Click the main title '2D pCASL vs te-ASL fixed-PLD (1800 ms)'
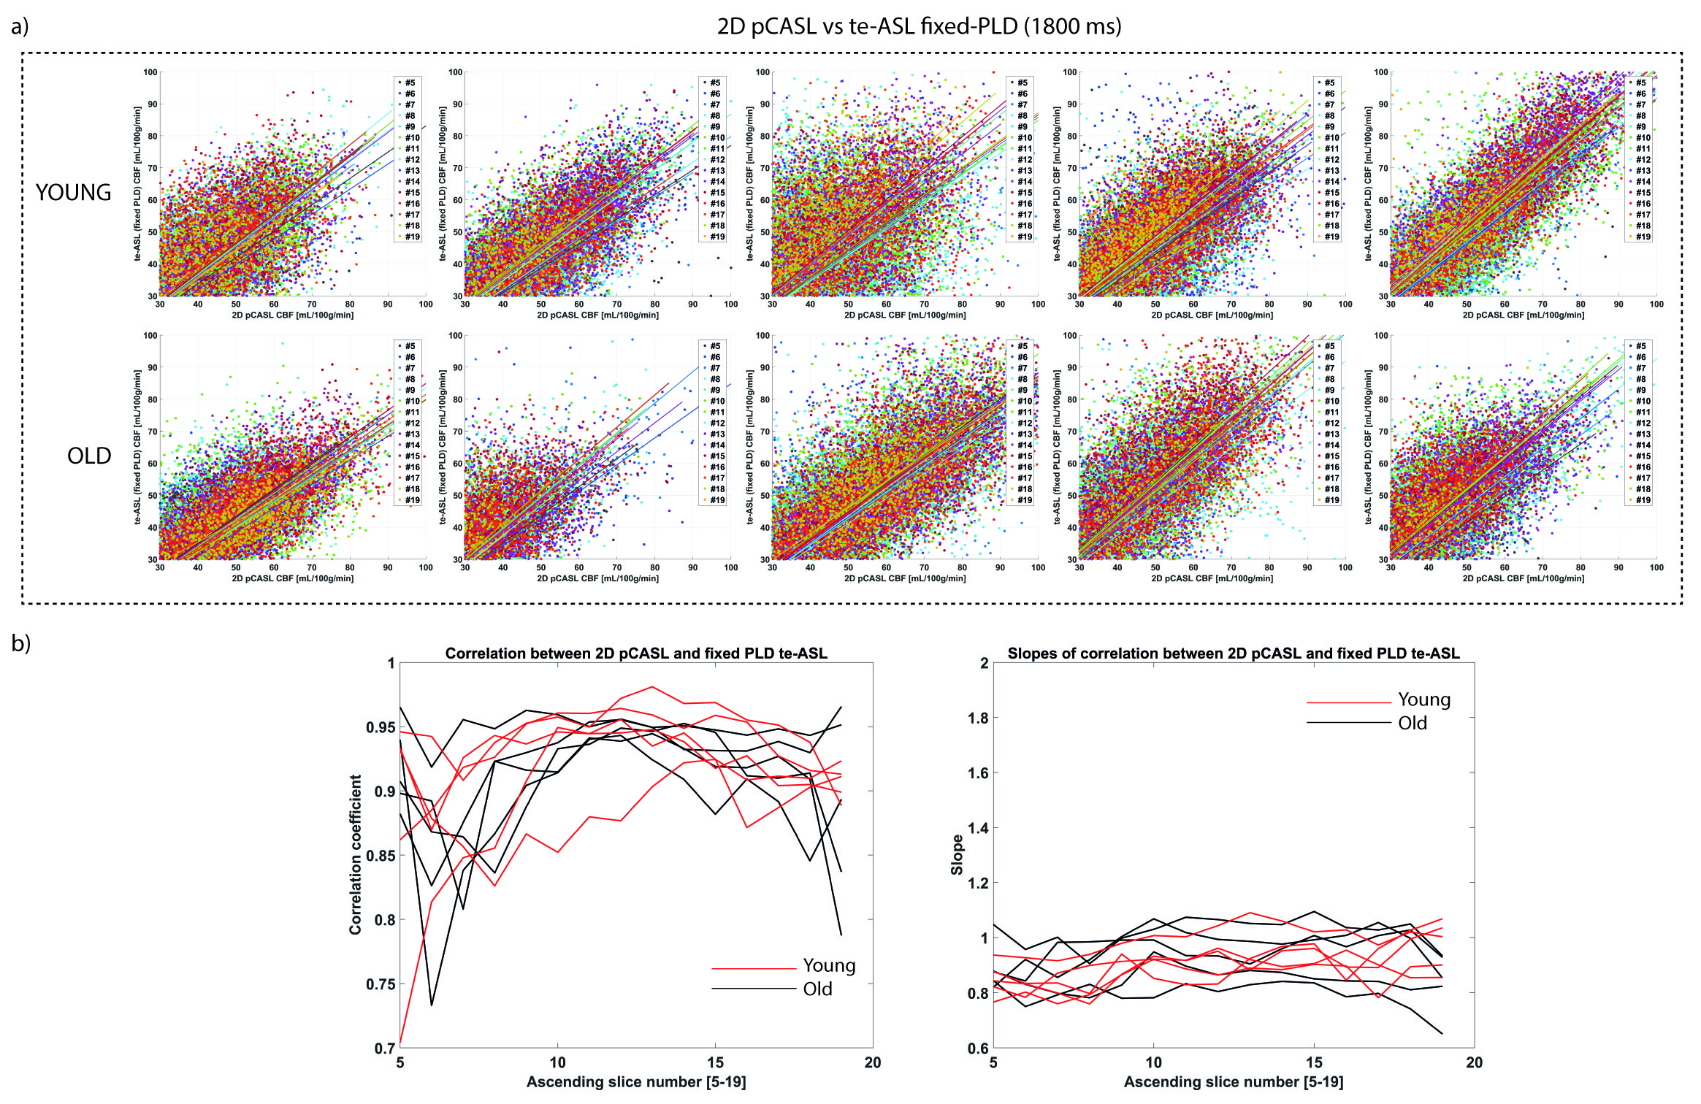point(919,27)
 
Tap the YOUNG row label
point(74,193)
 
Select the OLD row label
point(89,456)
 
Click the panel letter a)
point(20,27)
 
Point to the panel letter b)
point(21,643)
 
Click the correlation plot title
point(636,653)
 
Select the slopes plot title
point(1233,653)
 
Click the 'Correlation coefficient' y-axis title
point(356,854)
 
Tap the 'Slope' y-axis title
point(957,855)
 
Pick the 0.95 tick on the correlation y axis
point(380,727)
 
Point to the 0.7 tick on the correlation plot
point(384,1049)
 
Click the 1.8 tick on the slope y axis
point(978,718)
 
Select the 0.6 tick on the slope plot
point(978,1049)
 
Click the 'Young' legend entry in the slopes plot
point(1423,699)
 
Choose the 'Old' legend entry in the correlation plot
point(817,989)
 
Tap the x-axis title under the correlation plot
point(636,1081)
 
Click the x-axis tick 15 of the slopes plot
point(1314,1062)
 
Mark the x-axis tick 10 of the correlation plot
point(557,1062)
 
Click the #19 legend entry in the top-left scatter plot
point(413,237)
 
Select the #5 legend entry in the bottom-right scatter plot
point(1640,346)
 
